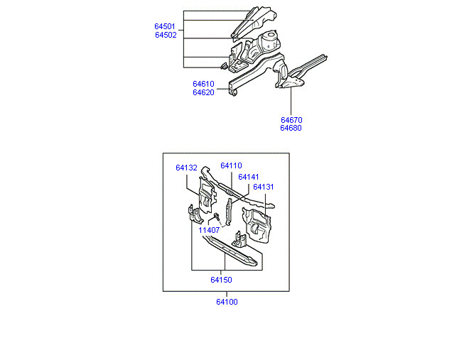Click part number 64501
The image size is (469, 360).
[165, 26]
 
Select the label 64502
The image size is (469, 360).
[166, 35]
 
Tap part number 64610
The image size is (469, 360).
[203, 84]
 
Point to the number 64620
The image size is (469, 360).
[203, 92]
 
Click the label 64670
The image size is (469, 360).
[291, 120]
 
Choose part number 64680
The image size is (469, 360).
[291, 128]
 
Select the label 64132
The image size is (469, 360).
[186, 168]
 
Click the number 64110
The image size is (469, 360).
[231, 165]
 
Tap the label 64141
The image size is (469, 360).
[249, 177]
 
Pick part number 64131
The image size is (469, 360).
[264, 187]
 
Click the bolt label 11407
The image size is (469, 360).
[209, 230]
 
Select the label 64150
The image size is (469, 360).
[221, 280]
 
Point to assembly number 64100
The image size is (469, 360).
[227, 302]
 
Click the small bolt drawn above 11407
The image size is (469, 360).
[217, 216]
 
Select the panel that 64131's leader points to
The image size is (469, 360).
[257, 226]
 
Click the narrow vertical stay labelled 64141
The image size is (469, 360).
[229, 212]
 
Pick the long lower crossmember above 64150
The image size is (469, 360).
[230, 251]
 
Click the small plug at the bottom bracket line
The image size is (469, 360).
[224, 66]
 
